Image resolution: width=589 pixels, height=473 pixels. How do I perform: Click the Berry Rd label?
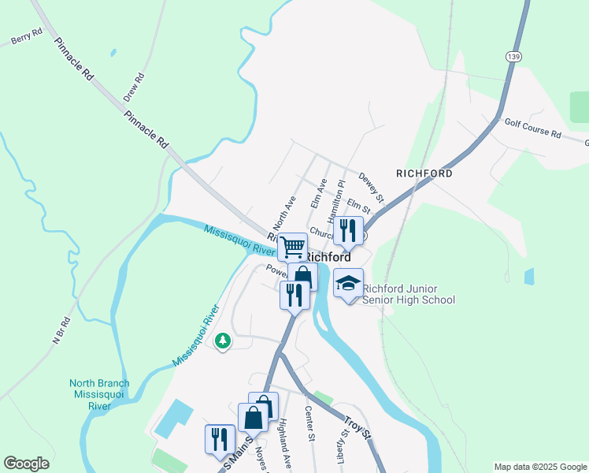(x=26, y=37)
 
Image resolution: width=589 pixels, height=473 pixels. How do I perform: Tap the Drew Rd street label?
(x=134, y=88)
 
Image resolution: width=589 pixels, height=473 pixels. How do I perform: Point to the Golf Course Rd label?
(x=532, y=128)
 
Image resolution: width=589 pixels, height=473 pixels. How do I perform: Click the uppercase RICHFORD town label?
(x=424, y=173)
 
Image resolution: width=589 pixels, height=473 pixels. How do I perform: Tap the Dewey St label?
(x=371, y=187)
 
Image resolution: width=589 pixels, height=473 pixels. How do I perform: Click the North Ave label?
(x=283, y=211)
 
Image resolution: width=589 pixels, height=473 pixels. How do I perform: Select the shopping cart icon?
(x=292, y=247)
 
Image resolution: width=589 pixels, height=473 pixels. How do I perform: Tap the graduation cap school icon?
(x=348, y=283)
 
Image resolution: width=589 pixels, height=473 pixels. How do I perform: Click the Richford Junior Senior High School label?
(x=409, y=294)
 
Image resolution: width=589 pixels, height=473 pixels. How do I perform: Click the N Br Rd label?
(x=61, y=330)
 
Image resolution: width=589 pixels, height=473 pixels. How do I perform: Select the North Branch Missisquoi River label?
(x=99, y=395)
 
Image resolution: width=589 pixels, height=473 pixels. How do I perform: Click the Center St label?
(x=310, y=423)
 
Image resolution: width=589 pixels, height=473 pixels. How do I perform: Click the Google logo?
(x=27, y=464)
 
